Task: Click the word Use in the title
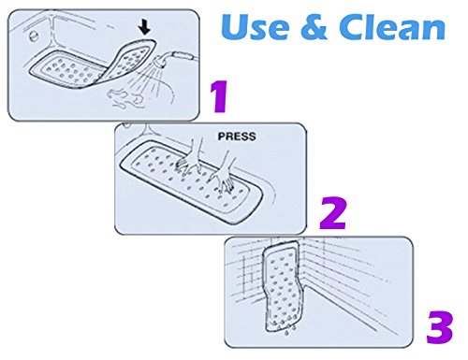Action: coord(255,27)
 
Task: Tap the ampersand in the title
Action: coord(314,27)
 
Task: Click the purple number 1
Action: coord(220,96)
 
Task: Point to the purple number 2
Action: coord(332,213)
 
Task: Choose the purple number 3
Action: coord(440,327)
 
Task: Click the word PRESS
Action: coord(237,137)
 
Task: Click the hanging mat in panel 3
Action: coord(283,286)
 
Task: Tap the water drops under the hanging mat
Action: coord(290,334)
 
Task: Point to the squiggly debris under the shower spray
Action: coord(124,99)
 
